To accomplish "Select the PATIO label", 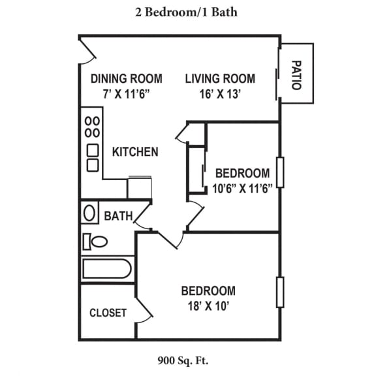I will [x=296, y=74].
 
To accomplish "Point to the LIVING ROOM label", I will [x=220, y=79].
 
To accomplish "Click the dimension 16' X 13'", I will [x=220, y=94].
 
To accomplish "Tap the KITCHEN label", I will [x=135, y=152].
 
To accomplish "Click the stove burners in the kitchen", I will [x=93, y=127].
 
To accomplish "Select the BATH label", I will [x=118, y=215].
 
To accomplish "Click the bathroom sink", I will [x=89, y=213].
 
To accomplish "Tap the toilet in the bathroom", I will [x=95, y=242].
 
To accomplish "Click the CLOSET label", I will [x=108, y=313].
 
